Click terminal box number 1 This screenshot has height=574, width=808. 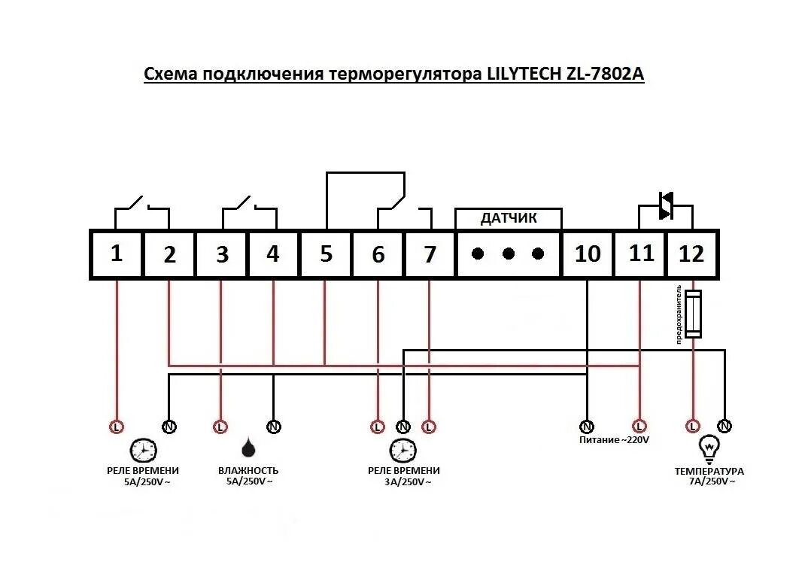click(117, 254)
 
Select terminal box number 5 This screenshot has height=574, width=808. click(326, 254)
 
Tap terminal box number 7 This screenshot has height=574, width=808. click(430, 254)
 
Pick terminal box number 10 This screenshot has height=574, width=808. click(588, 254)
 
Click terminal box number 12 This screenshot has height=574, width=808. click(691, 254)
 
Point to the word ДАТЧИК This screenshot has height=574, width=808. click(509, 219)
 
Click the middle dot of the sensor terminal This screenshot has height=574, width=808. click(509, 254)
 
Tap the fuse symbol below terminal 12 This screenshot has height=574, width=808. click(692, 314)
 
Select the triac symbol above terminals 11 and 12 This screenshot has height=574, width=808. click(666, 205)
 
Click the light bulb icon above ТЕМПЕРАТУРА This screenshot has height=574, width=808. click(709, 449)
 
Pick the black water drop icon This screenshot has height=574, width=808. click(248, 449)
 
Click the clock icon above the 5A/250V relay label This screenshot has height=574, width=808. click(143, 450)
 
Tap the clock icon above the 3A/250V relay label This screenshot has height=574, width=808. click(402, 450)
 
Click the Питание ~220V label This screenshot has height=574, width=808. click(613, 439)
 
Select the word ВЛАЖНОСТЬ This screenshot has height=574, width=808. click(248, 471)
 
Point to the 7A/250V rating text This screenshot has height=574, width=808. click(709, 481)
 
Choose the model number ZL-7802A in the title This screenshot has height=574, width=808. click(603, 74)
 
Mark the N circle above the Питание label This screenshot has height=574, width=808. click(586, 427)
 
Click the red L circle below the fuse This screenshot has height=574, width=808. click(692, 427)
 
